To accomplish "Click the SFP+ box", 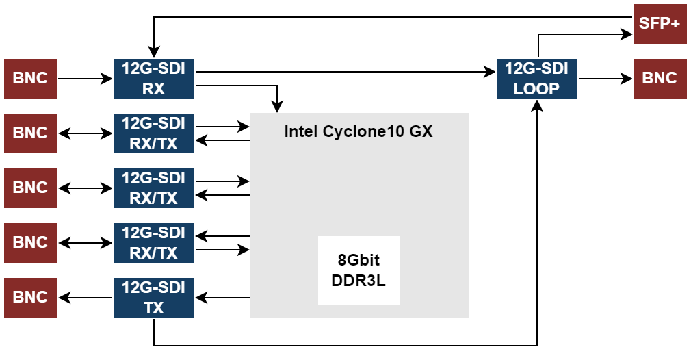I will pos(660,23).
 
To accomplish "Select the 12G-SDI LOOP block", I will pos(537,79).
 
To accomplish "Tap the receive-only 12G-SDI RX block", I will pos(154,79).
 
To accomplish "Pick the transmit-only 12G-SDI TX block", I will pos(154,298).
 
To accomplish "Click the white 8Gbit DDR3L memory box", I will pos(358,270).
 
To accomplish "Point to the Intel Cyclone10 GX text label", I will pos(358,131).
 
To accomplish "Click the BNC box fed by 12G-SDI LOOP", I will pos(660,79).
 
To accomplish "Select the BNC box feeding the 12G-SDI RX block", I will pos(31,79).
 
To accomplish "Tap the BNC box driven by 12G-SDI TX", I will pos(31,298).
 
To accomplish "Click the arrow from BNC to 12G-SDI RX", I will pos(86,79).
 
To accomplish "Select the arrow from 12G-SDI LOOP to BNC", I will pos(605,79).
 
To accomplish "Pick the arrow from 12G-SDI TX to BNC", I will pos(86,298).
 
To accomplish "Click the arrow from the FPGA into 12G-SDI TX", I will pos(222,298).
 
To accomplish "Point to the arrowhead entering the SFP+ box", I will pos(627,33).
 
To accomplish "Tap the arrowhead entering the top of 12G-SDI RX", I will pos(154,53).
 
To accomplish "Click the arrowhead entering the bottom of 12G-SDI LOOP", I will pos(537,105).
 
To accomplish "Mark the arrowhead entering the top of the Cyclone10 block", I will pos(276,107).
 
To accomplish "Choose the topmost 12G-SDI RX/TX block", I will pos(154,133).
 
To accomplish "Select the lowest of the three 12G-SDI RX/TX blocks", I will pos(154,243).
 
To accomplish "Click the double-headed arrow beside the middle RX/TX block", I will pos(86,188).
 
